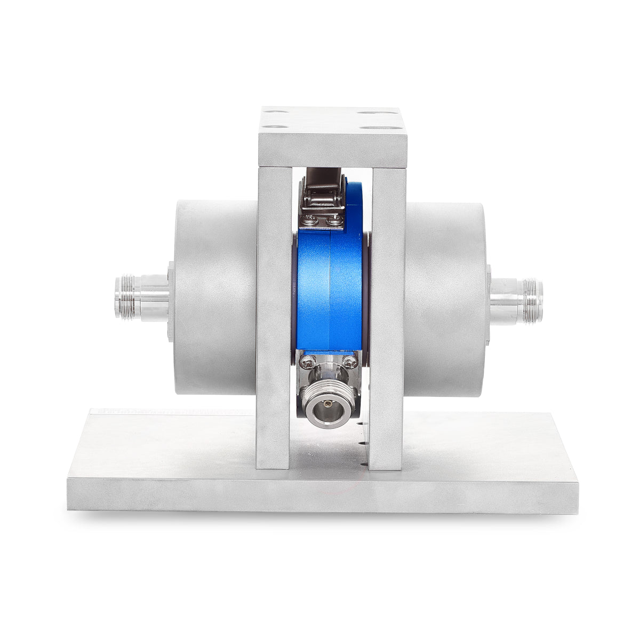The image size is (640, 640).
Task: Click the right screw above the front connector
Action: pyautogui.click(x=349, y=363)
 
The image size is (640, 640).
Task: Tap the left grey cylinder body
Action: pyautogui.click(x=213, y=299)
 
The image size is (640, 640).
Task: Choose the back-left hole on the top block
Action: pyautogui.click(x=271, y=113)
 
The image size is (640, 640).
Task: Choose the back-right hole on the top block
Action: pyautogui.click(x=367, y=113)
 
